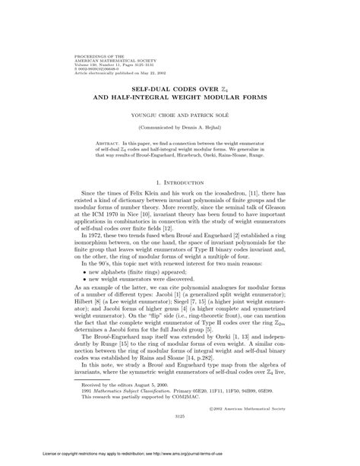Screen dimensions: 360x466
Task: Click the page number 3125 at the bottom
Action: click(179, 437)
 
